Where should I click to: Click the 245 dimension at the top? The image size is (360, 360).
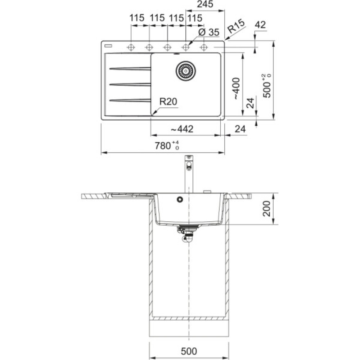click(x=205, y=4)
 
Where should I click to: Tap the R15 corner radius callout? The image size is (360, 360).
click(x=236, y=26)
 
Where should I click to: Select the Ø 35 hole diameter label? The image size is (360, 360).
click(x=208, y=32)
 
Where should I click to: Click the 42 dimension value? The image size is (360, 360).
click(x=260, y=24)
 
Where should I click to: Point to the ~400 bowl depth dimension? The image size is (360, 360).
click(x=236, y=89)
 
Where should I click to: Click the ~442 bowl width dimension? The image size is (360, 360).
click(x=182, y=129)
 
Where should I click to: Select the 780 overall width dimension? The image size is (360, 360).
click(x=167, y=145)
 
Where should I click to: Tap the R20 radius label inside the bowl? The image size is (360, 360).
click(x=168, y=101)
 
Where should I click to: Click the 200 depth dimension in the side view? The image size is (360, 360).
click(x=266, y=208)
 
